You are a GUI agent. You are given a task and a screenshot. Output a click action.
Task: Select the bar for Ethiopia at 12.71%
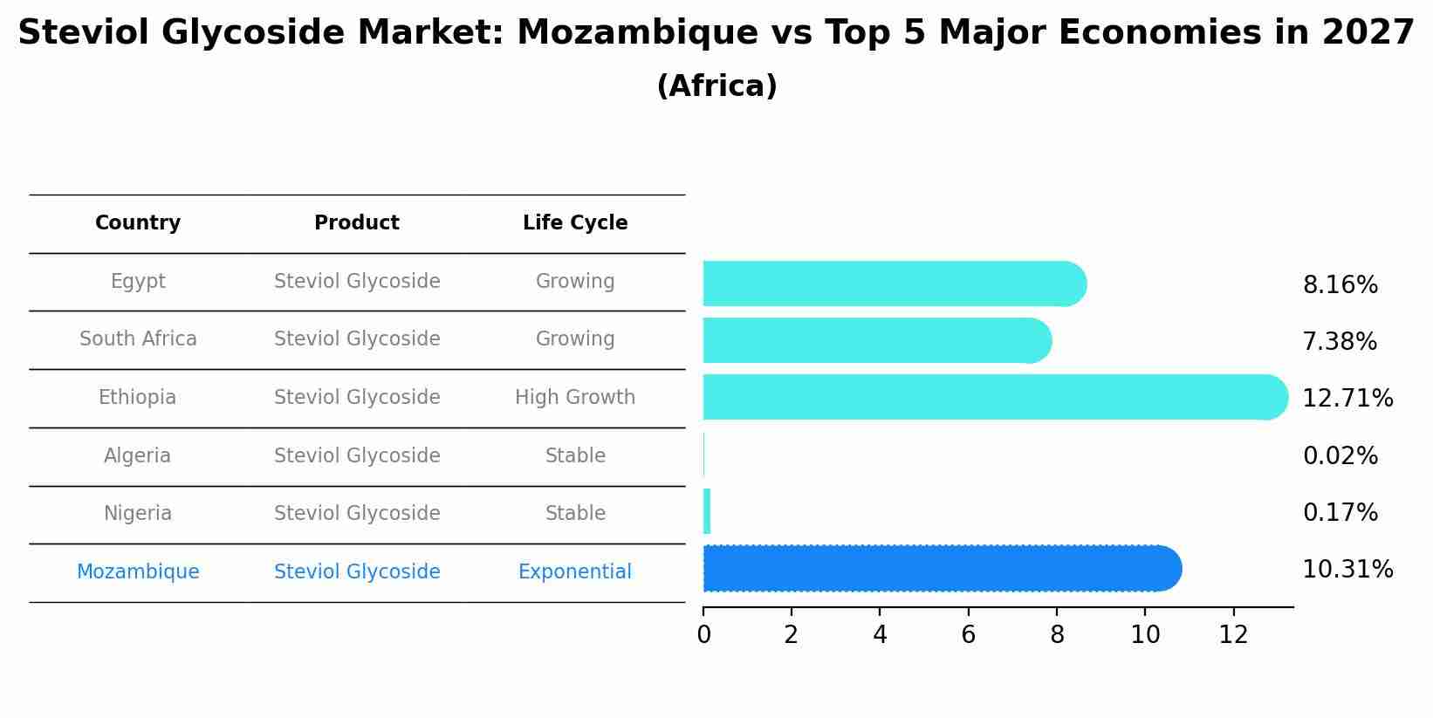click(995, 397)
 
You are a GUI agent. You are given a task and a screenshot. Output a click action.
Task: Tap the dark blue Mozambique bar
click(943, 569)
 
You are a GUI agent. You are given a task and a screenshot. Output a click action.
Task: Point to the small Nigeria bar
click(707, 511)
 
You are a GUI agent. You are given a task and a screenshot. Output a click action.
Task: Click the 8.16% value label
click(1340, 285)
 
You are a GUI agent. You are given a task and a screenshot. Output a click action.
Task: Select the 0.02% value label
click(1340, 456)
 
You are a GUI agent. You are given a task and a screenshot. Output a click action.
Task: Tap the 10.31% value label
click(1347, 570)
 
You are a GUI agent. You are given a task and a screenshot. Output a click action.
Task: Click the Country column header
click(138, 223)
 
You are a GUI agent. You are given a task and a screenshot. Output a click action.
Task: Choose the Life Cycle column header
click(575, 223)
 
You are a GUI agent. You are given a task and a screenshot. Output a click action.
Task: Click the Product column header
click(357, 223)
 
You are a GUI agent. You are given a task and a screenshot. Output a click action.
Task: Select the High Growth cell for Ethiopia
click(575, 398)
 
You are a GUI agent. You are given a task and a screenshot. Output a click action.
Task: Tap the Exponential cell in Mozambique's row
click(575, 572)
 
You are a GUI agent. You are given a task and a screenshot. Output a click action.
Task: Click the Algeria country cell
click(137, 456)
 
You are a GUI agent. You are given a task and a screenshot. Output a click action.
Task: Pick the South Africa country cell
click(138, 339)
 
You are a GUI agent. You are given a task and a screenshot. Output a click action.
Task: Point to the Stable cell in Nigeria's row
click(575, 514)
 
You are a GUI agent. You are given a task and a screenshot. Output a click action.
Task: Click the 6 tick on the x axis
click(968, 635)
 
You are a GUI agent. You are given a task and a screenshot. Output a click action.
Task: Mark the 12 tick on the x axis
click(1233, 635)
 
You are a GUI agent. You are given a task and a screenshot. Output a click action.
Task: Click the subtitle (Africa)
click(716, 86)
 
